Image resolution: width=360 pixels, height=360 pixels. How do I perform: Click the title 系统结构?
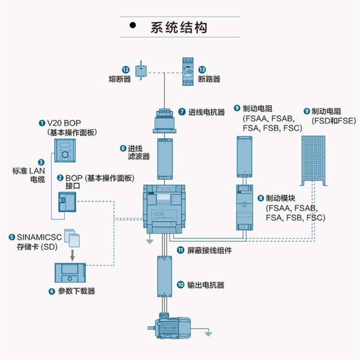(x=179, y=27)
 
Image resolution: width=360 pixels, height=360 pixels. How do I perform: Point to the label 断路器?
(x=209, y=79)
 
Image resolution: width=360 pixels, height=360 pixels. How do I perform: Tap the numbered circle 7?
(x=182, y=112)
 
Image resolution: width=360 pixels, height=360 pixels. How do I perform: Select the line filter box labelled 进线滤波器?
(x=165, y=158)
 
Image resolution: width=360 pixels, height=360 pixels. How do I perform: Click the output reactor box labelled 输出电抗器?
(x=165, y=277)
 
